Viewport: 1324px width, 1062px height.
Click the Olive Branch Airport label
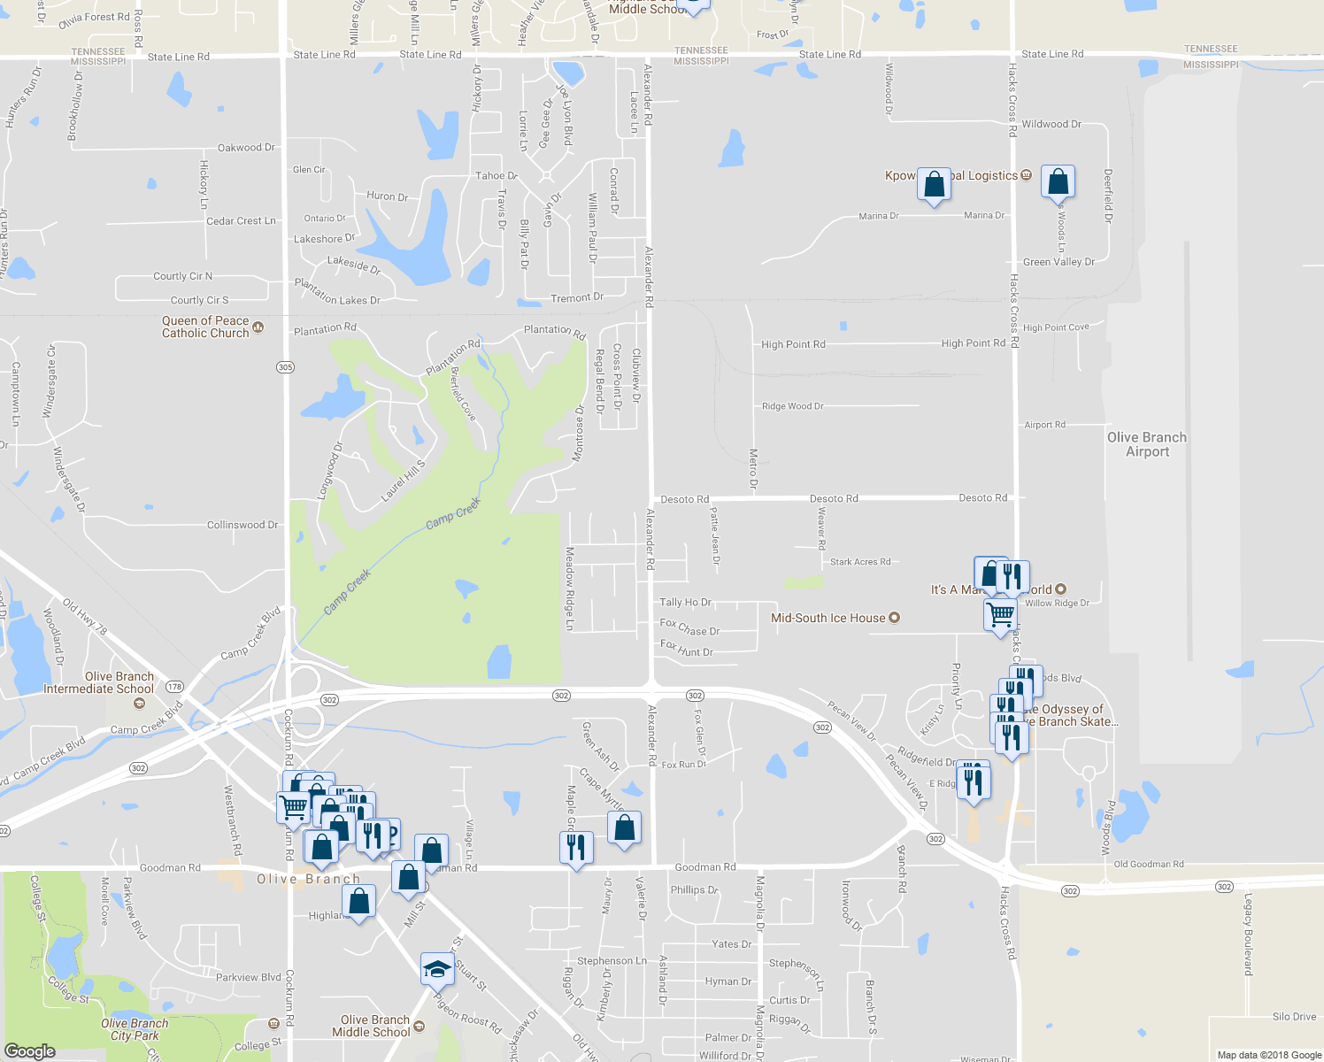click(1147, 444)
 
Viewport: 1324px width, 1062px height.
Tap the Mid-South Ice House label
click(827, 618)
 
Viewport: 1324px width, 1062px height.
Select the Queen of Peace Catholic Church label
click(205, 327)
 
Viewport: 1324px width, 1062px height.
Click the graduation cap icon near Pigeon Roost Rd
click(437, 969)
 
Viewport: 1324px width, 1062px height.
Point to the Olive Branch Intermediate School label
click(98, 682)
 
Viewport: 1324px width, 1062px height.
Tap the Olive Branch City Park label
click(135, 1029)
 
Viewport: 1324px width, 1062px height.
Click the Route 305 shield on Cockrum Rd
click(285, 367)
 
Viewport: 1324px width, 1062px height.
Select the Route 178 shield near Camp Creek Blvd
click(174, 687)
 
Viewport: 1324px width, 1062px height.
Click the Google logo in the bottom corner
click(29, 1050)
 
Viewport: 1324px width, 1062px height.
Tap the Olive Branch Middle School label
click(372, 1026)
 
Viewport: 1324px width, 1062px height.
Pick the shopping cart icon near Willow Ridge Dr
click(1000, 612)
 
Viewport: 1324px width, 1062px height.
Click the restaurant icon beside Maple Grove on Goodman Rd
click(576, 848)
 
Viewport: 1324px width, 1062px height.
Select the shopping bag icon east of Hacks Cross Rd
click(1058, 181)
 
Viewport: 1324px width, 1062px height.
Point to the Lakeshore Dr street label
click(324, 239)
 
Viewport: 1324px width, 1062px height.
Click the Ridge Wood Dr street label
click(792, 406)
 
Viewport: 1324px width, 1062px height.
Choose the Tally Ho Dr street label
click(685, 602)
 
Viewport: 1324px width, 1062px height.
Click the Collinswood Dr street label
click(242, 525)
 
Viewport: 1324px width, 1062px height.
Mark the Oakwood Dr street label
click(246, 148)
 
